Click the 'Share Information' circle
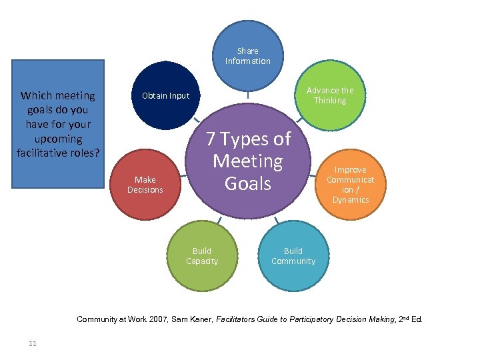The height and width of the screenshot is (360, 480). click(x=248, y=55)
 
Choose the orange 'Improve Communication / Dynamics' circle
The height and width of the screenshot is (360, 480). click(x=350, y=185)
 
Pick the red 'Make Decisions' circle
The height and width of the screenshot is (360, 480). click(x=145, y=184)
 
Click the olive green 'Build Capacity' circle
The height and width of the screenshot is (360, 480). click(x=202, y=256)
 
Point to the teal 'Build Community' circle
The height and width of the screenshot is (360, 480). click(x=293, y=256)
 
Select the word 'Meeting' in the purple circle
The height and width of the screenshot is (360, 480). click(x=248, y=161)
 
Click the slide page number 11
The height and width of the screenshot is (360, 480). click(x=32, y=343)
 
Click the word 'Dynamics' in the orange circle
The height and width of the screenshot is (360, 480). click(x=351, y=200)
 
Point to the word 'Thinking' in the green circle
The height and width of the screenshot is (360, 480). click(x=331, y=101)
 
